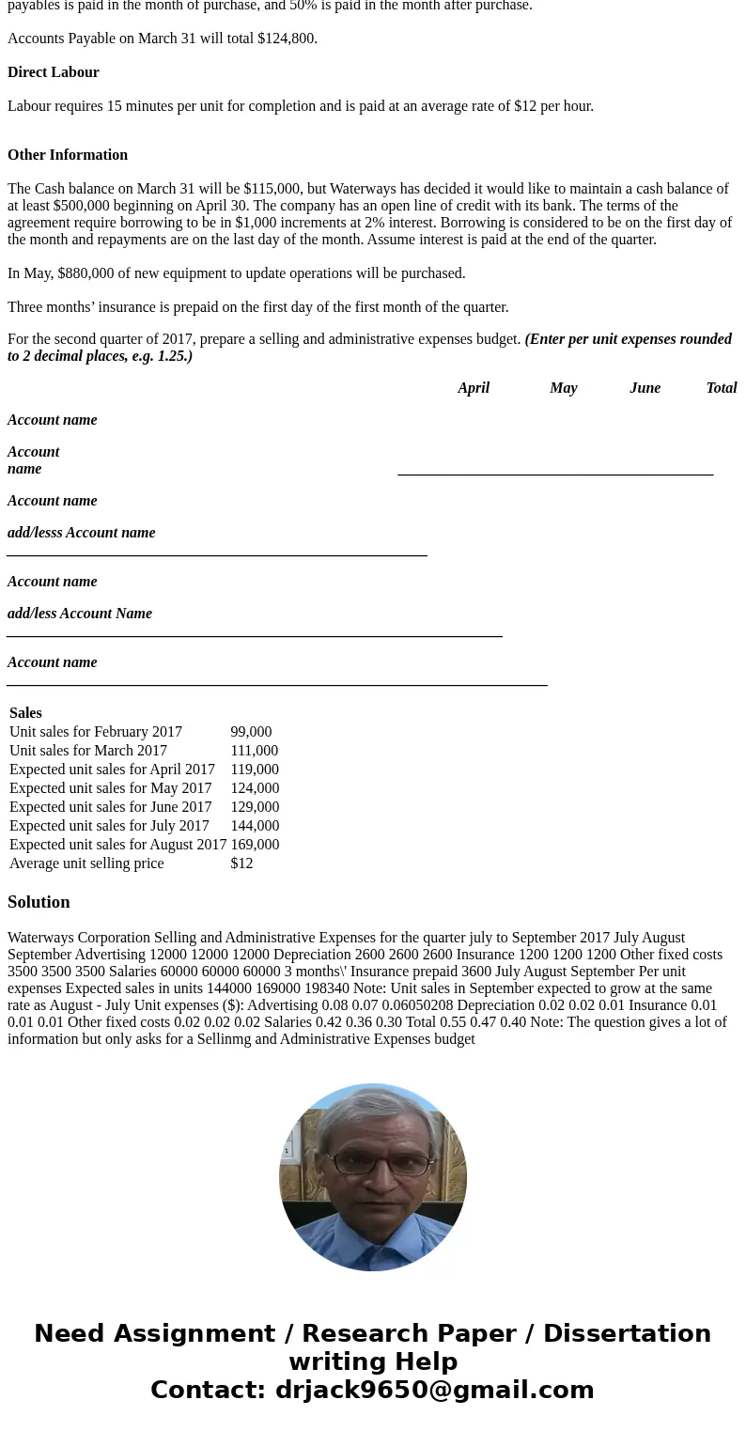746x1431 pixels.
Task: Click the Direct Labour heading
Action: tap(54, 72)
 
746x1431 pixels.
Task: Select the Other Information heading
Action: tap(68, 155)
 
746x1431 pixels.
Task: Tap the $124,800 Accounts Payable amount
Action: tap(288, 39)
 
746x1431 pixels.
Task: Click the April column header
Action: tap(474, 388)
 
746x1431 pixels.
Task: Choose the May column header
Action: tap(564, 388)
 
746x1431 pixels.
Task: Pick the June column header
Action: tap(645, 388)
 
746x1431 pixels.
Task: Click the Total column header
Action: tap(722, 388)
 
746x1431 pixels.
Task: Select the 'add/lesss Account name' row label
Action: tap(82, 533)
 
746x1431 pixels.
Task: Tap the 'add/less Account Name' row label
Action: tap(80, 614)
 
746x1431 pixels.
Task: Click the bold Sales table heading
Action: tap(25, 713)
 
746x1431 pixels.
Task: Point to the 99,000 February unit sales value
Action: tap(251, 732)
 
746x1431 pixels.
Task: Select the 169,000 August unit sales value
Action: tap(255, 845)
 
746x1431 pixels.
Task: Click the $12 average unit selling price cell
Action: tap(241, 863)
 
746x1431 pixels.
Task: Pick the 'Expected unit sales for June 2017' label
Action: tap(111, 807)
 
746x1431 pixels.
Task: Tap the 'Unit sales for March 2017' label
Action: tap(88, 751)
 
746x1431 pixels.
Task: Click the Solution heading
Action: tap(39, 902)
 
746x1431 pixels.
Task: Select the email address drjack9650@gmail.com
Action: tap(435, 1390)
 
